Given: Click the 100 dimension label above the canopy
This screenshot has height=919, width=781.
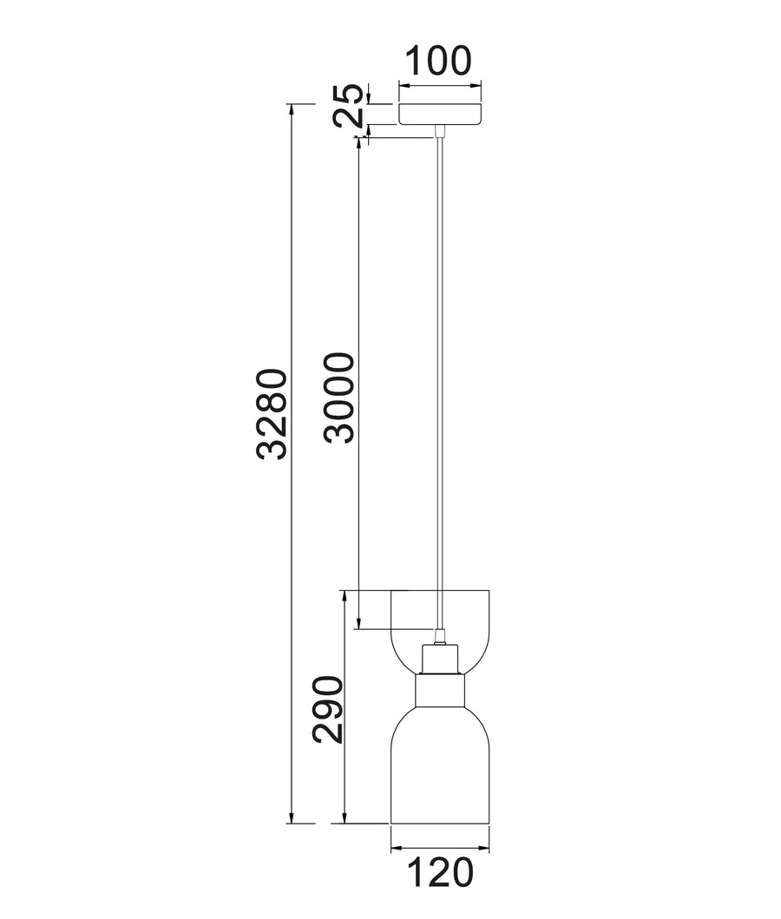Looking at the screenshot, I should tap(439, 62).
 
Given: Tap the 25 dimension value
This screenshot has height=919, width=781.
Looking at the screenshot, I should tap(351, 106).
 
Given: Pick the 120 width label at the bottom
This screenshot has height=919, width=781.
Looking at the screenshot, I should tap(440, 873).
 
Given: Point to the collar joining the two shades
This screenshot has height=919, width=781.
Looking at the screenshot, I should tap(440, 693).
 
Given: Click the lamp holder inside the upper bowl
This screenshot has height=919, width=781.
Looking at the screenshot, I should tap(440, 660).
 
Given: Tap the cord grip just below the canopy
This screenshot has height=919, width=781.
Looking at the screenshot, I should tap(440, 131).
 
